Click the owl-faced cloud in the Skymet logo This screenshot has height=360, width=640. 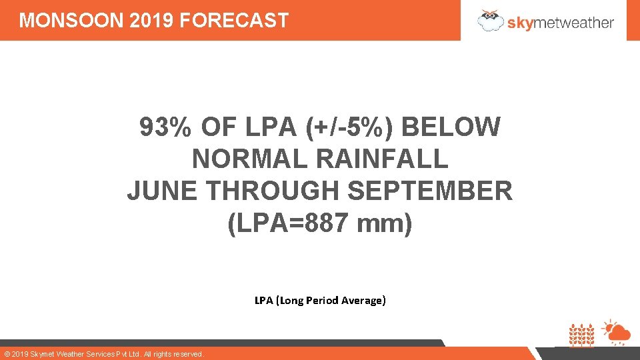coord(491,20)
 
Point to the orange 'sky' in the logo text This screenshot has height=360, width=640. coord(521,23)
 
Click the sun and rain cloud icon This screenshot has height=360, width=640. coord(615,332)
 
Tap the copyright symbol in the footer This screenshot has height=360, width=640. coord(7,354)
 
